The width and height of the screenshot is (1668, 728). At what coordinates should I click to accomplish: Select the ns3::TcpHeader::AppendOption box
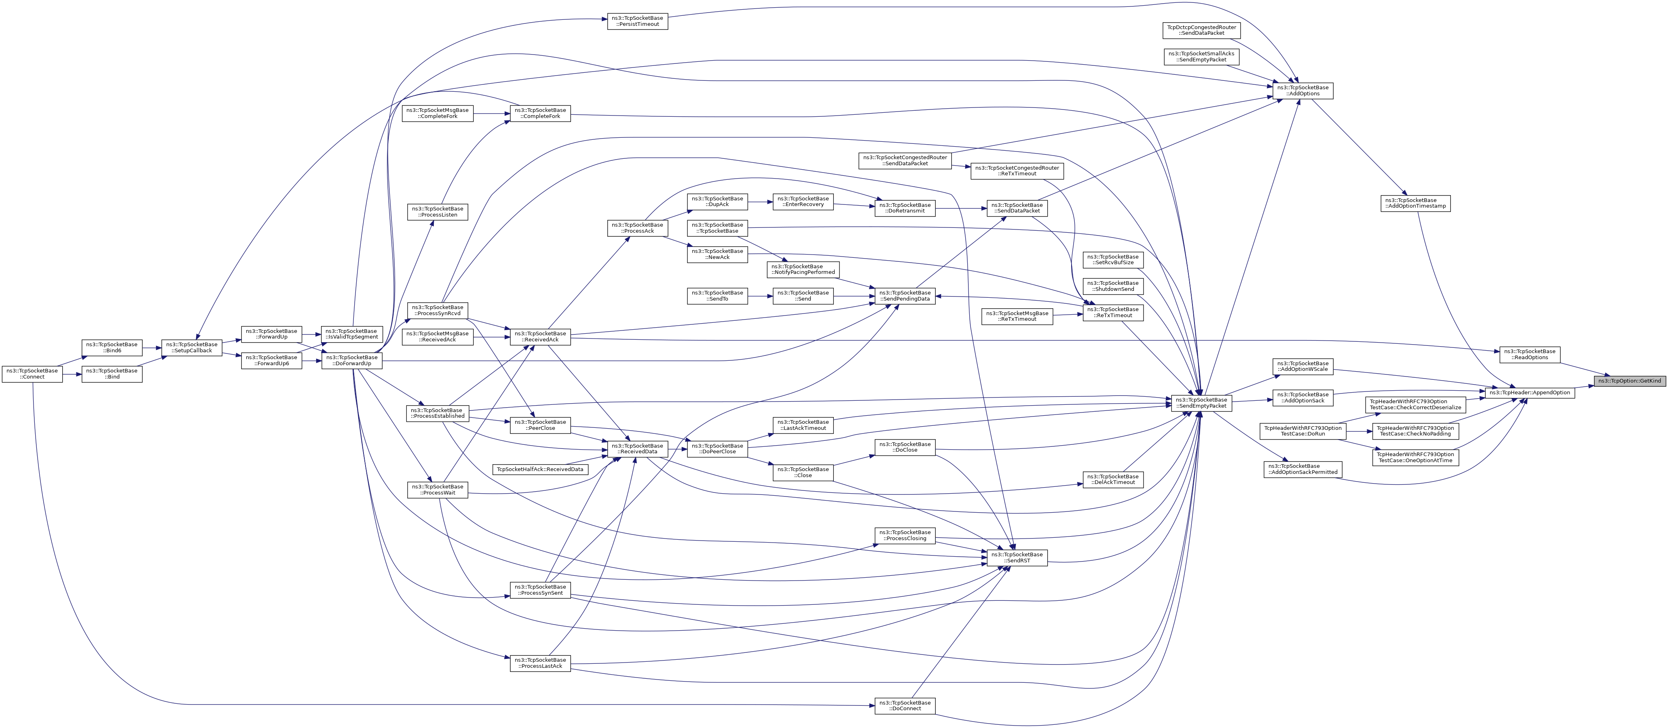pos(1529,392)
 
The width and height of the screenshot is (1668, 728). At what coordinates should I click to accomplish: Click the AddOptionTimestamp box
pos(1415,203)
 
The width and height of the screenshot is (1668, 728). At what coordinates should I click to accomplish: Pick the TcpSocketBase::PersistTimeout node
pos(638,21)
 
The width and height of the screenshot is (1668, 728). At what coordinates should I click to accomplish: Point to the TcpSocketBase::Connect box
pos(32,374)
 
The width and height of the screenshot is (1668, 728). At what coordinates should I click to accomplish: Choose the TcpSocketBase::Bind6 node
pos(112,347)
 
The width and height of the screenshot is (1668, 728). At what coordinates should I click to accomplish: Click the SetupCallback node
pos(192,347)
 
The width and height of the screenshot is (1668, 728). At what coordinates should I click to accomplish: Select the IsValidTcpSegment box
pos(352,334)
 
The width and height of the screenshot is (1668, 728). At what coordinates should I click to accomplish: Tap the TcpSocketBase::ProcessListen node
pos(437,212)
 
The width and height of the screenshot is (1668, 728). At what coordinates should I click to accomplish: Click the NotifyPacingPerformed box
pos(803,269)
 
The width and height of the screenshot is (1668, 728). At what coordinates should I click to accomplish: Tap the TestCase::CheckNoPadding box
pos(1415,431)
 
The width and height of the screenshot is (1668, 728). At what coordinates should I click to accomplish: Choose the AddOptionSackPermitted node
pos(1302,469)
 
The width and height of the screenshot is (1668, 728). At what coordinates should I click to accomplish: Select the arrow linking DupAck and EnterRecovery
pos(760,202)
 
